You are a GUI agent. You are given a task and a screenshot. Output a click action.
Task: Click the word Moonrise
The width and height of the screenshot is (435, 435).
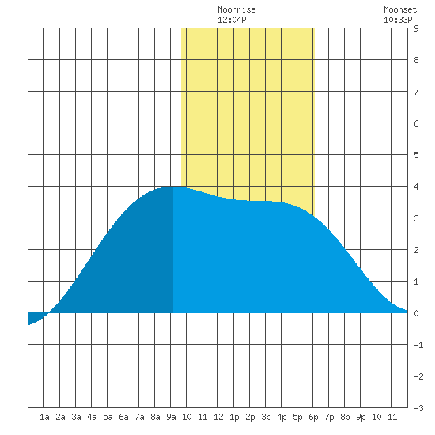pyautogui.click(x=236, y=9)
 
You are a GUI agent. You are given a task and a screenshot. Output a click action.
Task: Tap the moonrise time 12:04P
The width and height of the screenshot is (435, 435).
pyautogui.click(x=232, y=20)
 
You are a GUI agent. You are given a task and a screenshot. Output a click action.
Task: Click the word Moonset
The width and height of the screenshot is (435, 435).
pyautogui.click(x=400, y=9)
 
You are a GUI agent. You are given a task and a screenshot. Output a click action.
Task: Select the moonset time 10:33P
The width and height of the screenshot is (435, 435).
pyautogui.click(x=398, y=20)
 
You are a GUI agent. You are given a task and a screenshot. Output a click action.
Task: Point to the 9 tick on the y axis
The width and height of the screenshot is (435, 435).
pyautogui.click(x=416, y=28)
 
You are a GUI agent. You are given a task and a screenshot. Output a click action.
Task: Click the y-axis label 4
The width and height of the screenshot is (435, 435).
pyautogui.click(x=416, y=187)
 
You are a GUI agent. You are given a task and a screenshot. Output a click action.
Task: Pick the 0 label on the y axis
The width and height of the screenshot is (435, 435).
pyautogui.click(x=416, y=313)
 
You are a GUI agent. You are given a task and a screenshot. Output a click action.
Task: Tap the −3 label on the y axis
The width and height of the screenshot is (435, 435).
pyautogui.click(x=418, y=408)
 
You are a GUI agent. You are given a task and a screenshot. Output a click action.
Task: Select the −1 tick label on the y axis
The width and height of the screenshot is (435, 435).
pyautogui.click(x=418, y=345)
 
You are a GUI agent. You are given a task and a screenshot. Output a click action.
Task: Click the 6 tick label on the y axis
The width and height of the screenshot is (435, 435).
pyautogui.click(x=416, y=123)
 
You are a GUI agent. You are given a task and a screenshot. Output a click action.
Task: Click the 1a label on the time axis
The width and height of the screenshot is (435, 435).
pyautogui.click(x=44, y=417)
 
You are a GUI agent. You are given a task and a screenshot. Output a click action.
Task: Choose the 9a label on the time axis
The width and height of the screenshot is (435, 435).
pyautogui.click(x=171, y=417)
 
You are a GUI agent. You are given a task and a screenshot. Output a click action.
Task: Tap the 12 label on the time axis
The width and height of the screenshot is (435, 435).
pyautogui.click(x=218, y=417)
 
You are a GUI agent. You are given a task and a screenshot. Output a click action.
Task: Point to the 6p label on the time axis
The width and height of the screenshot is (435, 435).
pyautogui.click(x=313, y=417)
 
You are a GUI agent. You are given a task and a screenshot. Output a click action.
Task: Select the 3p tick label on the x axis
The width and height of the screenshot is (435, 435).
pyautogui.click(x=266, y=417)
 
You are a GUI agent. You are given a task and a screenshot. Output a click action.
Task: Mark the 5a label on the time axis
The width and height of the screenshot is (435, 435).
pyautogui.click(x=108, y=417)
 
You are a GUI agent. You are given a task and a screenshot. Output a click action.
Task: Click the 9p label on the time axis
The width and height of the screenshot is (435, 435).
pyautogui.click(x=361, y=417)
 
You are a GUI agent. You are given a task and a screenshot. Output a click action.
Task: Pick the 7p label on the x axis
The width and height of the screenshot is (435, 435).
pyautogui.click(x=329, y=417)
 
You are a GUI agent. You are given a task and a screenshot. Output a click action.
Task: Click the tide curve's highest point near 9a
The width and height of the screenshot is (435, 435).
pyautogui.click(x=174, y=187)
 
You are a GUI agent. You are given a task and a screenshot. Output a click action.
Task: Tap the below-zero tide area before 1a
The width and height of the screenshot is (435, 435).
pyautogui.click(x=35, y=317)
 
